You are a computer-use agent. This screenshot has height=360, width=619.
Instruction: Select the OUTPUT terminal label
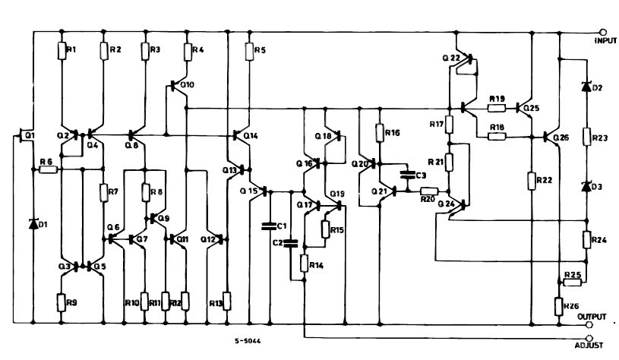tap(592, 315)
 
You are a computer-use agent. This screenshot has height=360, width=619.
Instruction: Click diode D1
tap(33, 223)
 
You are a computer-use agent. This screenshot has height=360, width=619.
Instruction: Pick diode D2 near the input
tap(586, 87)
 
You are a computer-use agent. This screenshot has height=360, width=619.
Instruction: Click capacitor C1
tap(267, 225)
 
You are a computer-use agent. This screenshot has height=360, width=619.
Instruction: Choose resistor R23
tap(586, 137)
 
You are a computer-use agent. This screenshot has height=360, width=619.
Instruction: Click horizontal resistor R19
tap(497, 108)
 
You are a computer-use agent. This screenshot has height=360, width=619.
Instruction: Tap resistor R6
tap(48, 169)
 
